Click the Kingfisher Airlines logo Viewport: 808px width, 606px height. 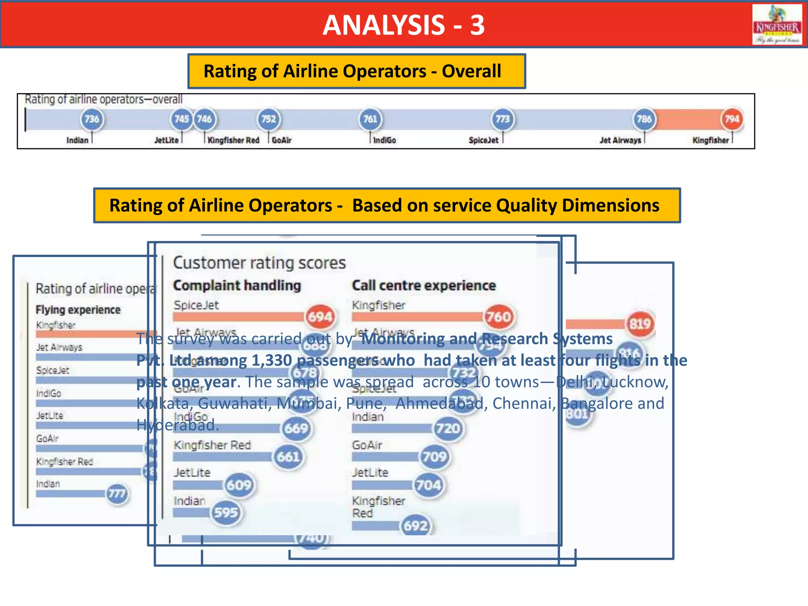click(777, 24)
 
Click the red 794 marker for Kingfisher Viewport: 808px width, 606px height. click(732, 119)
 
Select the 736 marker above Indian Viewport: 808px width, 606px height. click(92, 119)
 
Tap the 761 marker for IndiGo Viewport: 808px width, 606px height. click(370, 119)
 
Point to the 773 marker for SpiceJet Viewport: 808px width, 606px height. click(502, 119)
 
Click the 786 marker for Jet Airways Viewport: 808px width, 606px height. click(644, 119)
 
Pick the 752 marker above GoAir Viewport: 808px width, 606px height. click(269, 119)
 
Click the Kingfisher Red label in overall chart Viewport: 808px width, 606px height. click(233, 140)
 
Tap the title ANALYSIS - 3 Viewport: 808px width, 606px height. click(403, 25)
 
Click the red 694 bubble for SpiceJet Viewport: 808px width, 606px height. click(320, 317)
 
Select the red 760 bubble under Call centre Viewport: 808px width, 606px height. click(499, 317)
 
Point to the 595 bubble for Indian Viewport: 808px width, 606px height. click(226, 512)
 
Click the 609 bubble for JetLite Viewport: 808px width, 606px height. click(239, 485)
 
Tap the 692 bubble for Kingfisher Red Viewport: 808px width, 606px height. click(415, 526)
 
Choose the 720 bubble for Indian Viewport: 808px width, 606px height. click(448, 428)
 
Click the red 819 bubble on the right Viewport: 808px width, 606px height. click(640, 324)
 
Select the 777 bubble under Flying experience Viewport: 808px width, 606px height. click(117, 494)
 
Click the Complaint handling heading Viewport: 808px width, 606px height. click(237, 286)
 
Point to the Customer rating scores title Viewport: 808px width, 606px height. click(259, 263)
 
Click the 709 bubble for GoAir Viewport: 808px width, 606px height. click(434, 457)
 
